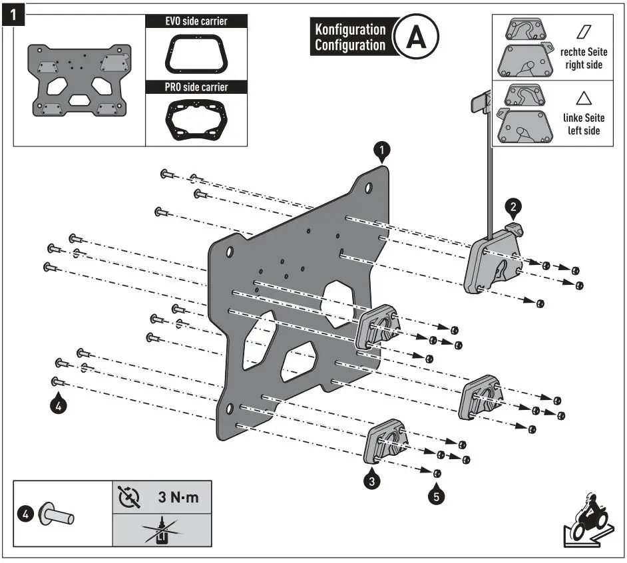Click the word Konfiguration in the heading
[x=350, y=30]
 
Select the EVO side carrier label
[x=196, y=21]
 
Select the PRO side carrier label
[x=196, y=87]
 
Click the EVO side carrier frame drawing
[x=196, y=53]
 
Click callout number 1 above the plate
[x=381, y=152]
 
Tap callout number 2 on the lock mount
[x=513, y=206]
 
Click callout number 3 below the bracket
[x=373, y=478]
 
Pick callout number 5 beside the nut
[x=437, y=495]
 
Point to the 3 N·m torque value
[x=178, y=497]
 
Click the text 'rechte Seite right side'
[x=583, y=57]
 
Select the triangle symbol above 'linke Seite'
[x=584, y=98]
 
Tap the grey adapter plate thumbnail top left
[x=80, y=81]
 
